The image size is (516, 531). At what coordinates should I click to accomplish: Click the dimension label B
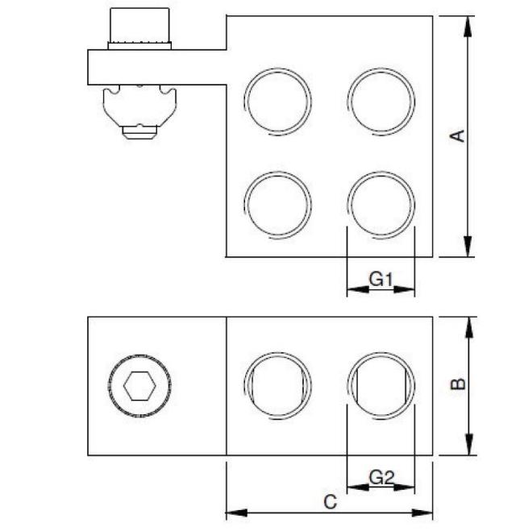tap(457, 384)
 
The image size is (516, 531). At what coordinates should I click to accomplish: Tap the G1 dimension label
tap(381, 280)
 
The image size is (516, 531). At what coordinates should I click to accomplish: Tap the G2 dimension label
tap(381, 479)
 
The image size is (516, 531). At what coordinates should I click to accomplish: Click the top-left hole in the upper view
tap(277, 101)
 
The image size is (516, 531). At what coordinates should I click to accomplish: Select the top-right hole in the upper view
tap(381, 101)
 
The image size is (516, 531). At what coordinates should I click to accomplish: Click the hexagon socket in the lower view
tap(139, 387)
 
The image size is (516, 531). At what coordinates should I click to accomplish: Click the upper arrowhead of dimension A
tap(467, 23)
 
